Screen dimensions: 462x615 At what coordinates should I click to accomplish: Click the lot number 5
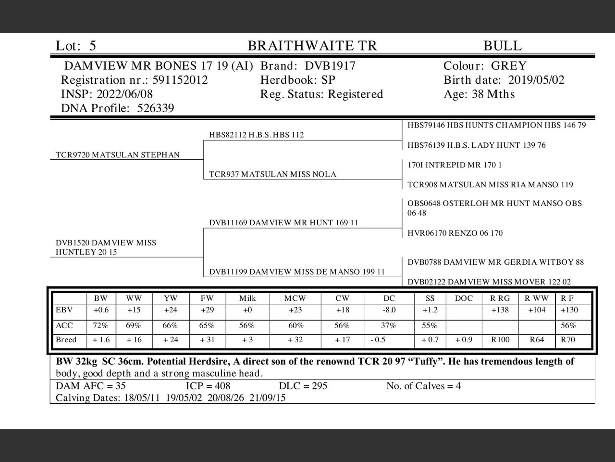(x=92, y=46)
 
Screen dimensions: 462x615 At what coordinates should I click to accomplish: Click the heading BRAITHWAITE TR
(x=312, y=46)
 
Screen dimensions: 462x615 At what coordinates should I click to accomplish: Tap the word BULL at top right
(x=502, y=46)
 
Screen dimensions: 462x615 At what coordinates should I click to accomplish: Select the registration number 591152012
(x=180, y=80)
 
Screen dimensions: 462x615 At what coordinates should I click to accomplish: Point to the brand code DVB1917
(x=330, y=66)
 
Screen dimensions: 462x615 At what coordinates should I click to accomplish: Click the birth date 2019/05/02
(x=536, y=80)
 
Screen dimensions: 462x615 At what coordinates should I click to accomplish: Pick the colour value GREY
(x=508, y=66)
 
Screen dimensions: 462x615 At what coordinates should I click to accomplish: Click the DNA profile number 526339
(x=155, y=108)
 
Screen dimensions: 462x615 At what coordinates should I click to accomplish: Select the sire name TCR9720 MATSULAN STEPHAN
(x=118, y=155)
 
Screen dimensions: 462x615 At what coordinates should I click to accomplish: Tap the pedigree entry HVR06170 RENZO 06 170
(x=455, y=233)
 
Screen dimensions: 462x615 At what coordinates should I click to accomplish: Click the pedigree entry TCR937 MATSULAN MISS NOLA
(x=272, y=174)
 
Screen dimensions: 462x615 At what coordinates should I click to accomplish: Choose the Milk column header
(x=247, y=298)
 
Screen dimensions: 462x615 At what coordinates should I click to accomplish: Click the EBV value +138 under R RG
(x=500, y=310)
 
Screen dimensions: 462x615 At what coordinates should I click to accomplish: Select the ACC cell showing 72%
(x=100, y=326)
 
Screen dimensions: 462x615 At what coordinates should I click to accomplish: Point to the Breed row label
(x=66, y=340)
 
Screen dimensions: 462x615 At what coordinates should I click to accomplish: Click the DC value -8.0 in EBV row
(x=389, y=310)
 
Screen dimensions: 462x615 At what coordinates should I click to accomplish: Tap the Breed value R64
(x=537, y=340)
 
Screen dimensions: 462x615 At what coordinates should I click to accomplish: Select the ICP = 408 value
(x=208, y=386)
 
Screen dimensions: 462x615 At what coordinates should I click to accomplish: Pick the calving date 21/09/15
(x=267, y=398)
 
